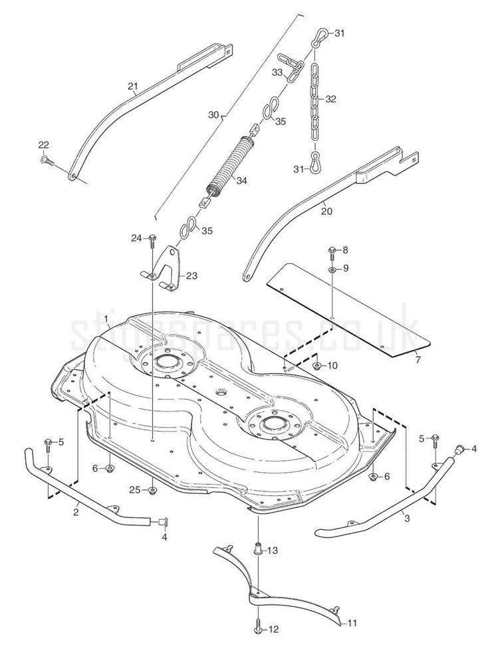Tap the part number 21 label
(132, 86)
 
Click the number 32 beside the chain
(330, 99)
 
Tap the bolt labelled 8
(330, 251)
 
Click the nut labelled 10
(317, 366)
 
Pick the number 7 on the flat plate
(418, 361)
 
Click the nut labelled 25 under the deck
(153, 491)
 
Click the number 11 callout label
(352, 623)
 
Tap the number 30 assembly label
(213, 115)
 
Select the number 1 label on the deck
(106, 319)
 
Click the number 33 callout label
(278, 72)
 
